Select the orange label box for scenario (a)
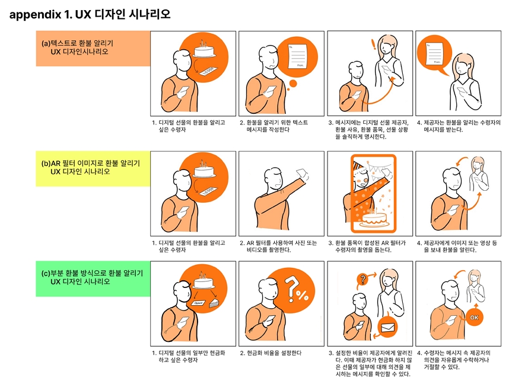(x=93, y=49)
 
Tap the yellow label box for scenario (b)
(x=93, y=169)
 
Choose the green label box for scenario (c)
(x=93, y=278)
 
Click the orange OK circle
(x=474, y=318)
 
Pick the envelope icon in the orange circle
(x=387, y=327)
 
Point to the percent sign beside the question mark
(x=303, y=295)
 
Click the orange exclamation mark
(x=374, y=44)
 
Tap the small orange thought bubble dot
(x=293, y=84)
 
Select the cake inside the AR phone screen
(x=374, y=219)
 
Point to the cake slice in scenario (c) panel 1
(x=215, y=303)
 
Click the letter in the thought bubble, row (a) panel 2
(x=297, y=56)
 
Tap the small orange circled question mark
(x=362, y=279)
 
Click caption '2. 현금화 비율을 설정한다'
(x=271, y=353)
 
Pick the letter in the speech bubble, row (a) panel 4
(x=435, y=53)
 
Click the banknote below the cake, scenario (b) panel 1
(x=206, y=191)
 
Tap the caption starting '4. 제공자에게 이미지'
(x=457, y=246)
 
